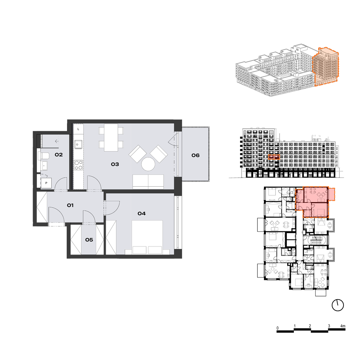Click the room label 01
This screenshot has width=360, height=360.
(70, 205)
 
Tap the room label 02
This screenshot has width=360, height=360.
(59, 155)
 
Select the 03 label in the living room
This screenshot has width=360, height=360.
(115, 164)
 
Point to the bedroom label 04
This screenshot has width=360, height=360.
(142, 213)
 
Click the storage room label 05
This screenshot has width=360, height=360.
(89, 240)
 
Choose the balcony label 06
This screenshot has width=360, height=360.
(195, 155)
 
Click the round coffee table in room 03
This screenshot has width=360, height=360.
(148, 164)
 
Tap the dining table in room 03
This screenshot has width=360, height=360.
(111, 137)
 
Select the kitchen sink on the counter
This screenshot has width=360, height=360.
(78, 144)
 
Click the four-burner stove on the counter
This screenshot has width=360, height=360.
(78, 165)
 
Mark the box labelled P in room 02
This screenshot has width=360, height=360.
(46, 183)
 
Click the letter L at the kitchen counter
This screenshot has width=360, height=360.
(78, 129)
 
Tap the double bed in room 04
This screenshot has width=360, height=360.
(147, 237)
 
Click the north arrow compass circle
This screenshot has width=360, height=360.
(338, 305)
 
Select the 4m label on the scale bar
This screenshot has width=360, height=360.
(343, 326)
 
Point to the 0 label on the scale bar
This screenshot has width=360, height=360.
(278, 328)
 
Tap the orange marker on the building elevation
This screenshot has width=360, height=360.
(274, 157)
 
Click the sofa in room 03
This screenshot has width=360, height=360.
(148, 182)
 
